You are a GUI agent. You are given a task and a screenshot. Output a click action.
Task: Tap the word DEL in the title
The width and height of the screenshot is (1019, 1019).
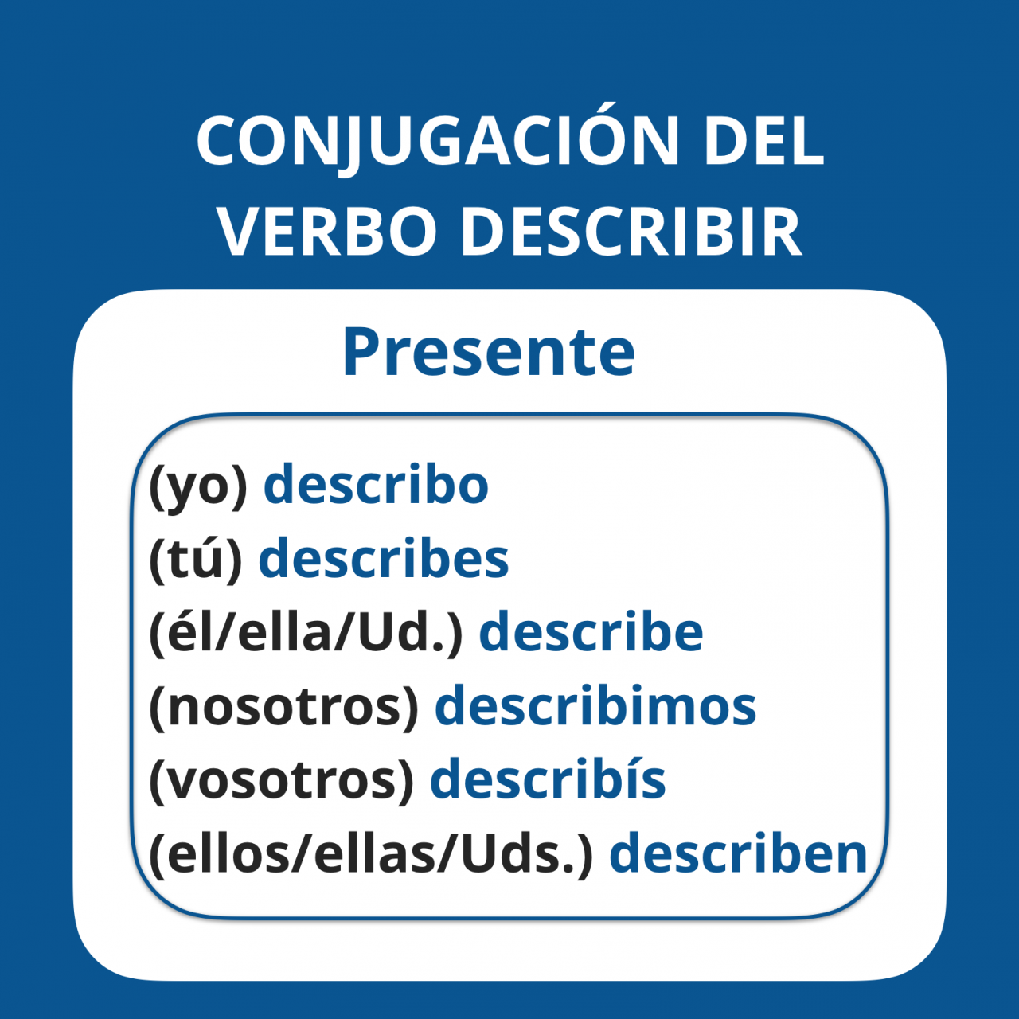pos(763,140)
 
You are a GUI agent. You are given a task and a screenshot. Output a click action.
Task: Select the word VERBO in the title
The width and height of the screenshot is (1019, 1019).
pos(327,231)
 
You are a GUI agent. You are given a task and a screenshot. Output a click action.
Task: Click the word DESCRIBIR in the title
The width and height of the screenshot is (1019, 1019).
pos(631,231)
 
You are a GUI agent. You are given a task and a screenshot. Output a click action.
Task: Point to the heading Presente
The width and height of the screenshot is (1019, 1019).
pos(489,352)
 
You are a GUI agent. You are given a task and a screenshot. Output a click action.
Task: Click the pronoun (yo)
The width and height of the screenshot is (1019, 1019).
pos(198,486)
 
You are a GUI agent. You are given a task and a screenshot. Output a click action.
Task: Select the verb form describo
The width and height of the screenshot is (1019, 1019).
pos(376,482)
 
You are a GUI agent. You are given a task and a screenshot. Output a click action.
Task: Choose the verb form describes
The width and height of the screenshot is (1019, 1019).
pos(384,556)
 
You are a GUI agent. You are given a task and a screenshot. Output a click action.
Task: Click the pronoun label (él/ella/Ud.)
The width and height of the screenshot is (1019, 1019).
pos(306,632)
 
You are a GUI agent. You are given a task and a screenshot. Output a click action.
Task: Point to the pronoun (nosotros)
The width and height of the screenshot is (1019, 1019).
pos(284,706)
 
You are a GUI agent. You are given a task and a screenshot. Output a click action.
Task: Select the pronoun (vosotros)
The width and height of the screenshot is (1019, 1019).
pos(282,779)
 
